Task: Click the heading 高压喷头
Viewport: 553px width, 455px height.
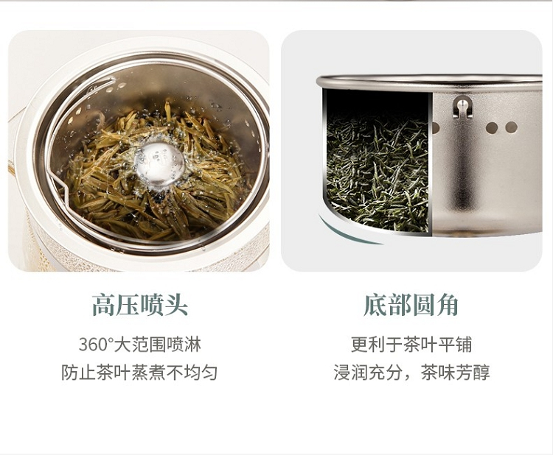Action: pos(139,305)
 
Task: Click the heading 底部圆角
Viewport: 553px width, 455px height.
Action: pos(411,305)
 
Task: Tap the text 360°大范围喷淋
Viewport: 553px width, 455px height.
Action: pos(139,345)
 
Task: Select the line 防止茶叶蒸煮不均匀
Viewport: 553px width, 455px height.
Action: pos(139,373)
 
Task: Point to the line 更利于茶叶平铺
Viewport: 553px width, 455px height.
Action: pos(411,345)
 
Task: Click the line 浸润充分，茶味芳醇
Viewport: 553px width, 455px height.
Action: pos(411,373)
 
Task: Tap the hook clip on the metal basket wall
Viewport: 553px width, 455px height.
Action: pos(462,107)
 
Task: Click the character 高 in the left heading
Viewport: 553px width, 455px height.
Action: pos(104,305)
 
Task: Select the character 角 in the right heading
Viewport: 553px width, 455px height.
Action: pos(448,305)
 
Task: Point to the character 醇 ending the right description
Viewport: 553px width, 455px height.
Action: pos(481,373)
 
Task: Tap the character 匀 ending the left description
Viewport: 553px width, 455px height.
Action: pos(209,373)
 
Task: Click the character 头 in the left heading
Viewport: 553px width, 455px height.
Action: pos(176,305)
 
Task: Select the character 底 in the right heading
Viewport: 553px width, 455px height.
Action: pos(375,305)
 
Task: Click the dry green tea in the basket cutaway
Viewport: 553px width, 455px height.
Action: pos(378,172)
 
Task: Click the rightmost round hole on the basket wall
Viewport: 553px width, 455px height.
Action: pos(511,127)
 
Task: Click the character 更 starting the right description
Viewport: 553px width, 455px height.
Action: pos(359,345)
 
